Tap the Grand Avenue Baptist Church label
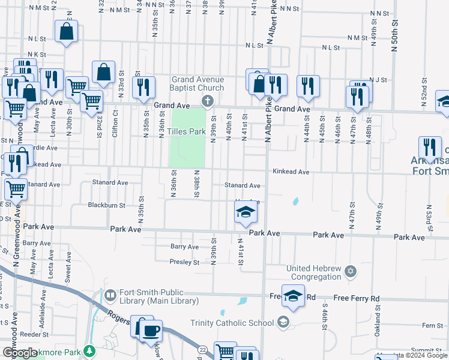click(197, 83)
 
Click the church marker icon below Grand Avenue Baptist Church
click(208, 101)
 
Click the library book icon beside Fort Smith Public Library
click(110, 295)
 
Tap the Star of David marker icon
click(351, 272)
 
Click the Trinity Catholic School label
click(232, 323)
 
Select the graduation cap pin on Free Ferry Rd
click(293, 296)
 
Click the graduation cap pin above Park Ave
click(245, 212)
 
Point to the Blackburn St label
click(106, 205)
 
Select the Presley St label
click(184, 262)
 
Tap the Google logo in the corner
click(20, 353)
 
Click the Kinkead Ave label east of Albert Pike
click(291, 172)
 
